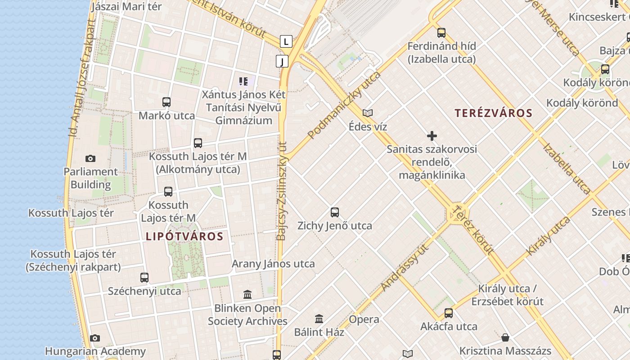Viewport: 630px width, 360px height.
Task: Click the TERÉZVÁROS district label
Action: [x=493, y=113]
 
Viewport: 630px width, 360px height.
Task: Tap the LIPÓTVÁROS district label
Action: [x=184, y=236]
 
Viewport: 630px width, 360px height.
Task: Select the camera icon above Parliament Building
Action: [x=90, y=158]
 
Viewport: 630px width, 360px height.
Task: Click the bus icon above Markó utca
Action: [x=166, y=102]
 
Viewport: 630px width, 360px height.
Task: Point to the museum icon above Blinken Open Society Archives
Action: [x=247, y=295]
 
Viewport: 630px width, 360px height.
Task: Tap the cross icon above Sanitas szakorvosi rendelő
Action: [x=432, y=136]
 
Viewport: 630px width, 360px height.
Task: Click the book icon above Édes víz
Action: [x=368, y=113]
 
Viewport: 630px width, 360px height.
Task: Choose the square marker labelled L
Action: [x=286, y=42]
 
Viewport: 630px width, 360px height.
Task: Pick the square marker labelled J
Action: [x=282, y=61]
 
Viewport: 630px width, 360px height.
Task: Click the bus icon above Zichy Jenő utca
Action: [x=334, y=212]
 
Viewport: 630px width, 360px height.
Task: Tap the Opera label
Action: [x=364, y=319]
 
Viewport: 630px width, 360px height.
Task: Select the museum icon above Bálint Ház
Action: [x=319, y=319]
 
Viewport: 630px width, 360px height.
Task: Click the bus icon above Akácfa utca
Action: [x=449, y=313]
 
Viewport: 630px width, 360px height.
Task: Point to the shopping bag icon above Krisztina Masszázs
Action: [x=505, y=337]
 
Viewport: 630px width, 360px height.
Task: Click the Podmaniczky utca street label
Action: [x=344, y=104]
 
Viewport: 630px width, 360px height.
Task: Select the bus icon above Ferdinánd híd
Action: [x=441, y=33]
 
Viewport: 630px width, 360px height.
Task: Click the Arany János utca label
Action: [x=273, y=264]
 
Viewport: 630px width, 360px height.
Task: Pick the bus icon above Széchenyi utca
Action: [x=144, y=278]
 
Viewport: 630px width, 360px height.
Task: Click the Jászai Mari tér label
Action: [x=126, y=7]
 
